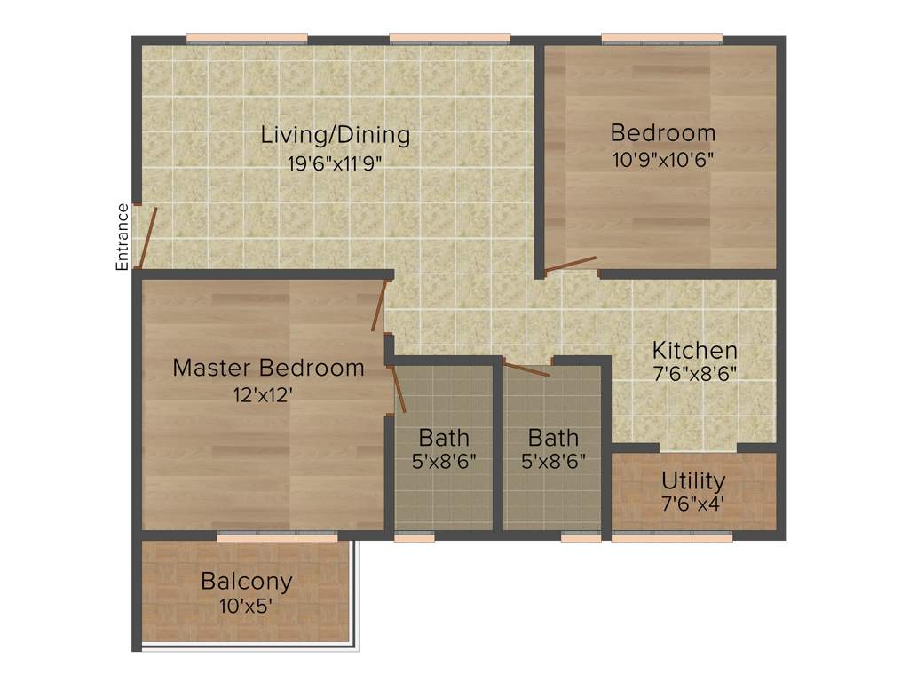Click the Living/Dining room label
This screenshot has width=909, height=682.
(x=335, y=136)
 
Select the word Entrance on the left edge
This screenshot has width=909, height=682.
(x=123, y=236)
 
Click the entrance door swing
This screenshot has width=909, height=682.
(x=149, y=237)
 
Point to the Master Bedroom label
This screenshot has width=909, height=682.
(x=268, y=368)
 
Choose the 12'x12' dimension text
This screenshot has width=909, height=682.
(x=264, y=395)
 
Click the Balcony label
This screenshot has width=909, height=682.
(x=246, y=582)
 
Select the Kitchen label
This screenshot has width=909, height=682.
(x=694, y=350)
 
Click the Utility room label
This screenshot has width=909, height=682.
(x=693, y=481)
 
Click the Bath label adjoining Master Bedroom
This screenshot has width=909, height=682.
(x=444, y=438)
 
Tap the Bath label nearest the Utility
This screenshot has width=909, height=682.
(x=553, y=438)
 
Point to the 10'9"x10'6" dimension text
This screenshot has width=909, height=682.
(x=662, y=160)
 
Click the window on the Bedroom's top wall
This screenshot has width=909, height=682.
(x=662, y=38)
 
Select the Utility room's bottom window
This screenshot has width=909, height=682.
(x=672, y=536)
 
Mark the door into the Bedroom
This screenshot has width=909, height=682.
(x=571, y=264)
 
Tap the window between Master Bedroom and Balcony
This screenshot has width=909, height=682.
(x=277, y=536)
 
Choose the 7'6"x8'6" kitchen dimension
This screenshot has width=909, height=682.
(x=694, y=374)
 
